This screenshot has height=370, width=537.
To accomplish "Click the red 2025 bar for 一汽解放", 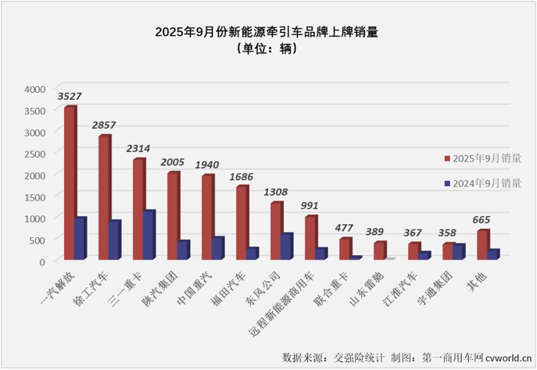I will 70,183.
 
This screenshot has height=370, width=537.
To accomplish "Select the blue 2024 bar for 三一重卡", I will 149,235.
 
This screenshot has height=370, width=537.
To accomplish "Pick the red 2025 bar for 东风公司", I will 276,231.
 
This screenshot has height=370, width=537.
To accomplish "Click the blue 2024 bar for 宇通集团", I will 459,251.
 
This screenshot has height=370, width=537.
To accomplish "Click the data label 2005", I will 173,162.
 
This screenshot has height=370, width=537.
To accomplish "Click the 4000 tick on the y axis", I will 36,89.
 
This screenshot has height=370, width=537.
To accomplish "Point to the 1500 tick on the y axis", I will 36,197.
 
